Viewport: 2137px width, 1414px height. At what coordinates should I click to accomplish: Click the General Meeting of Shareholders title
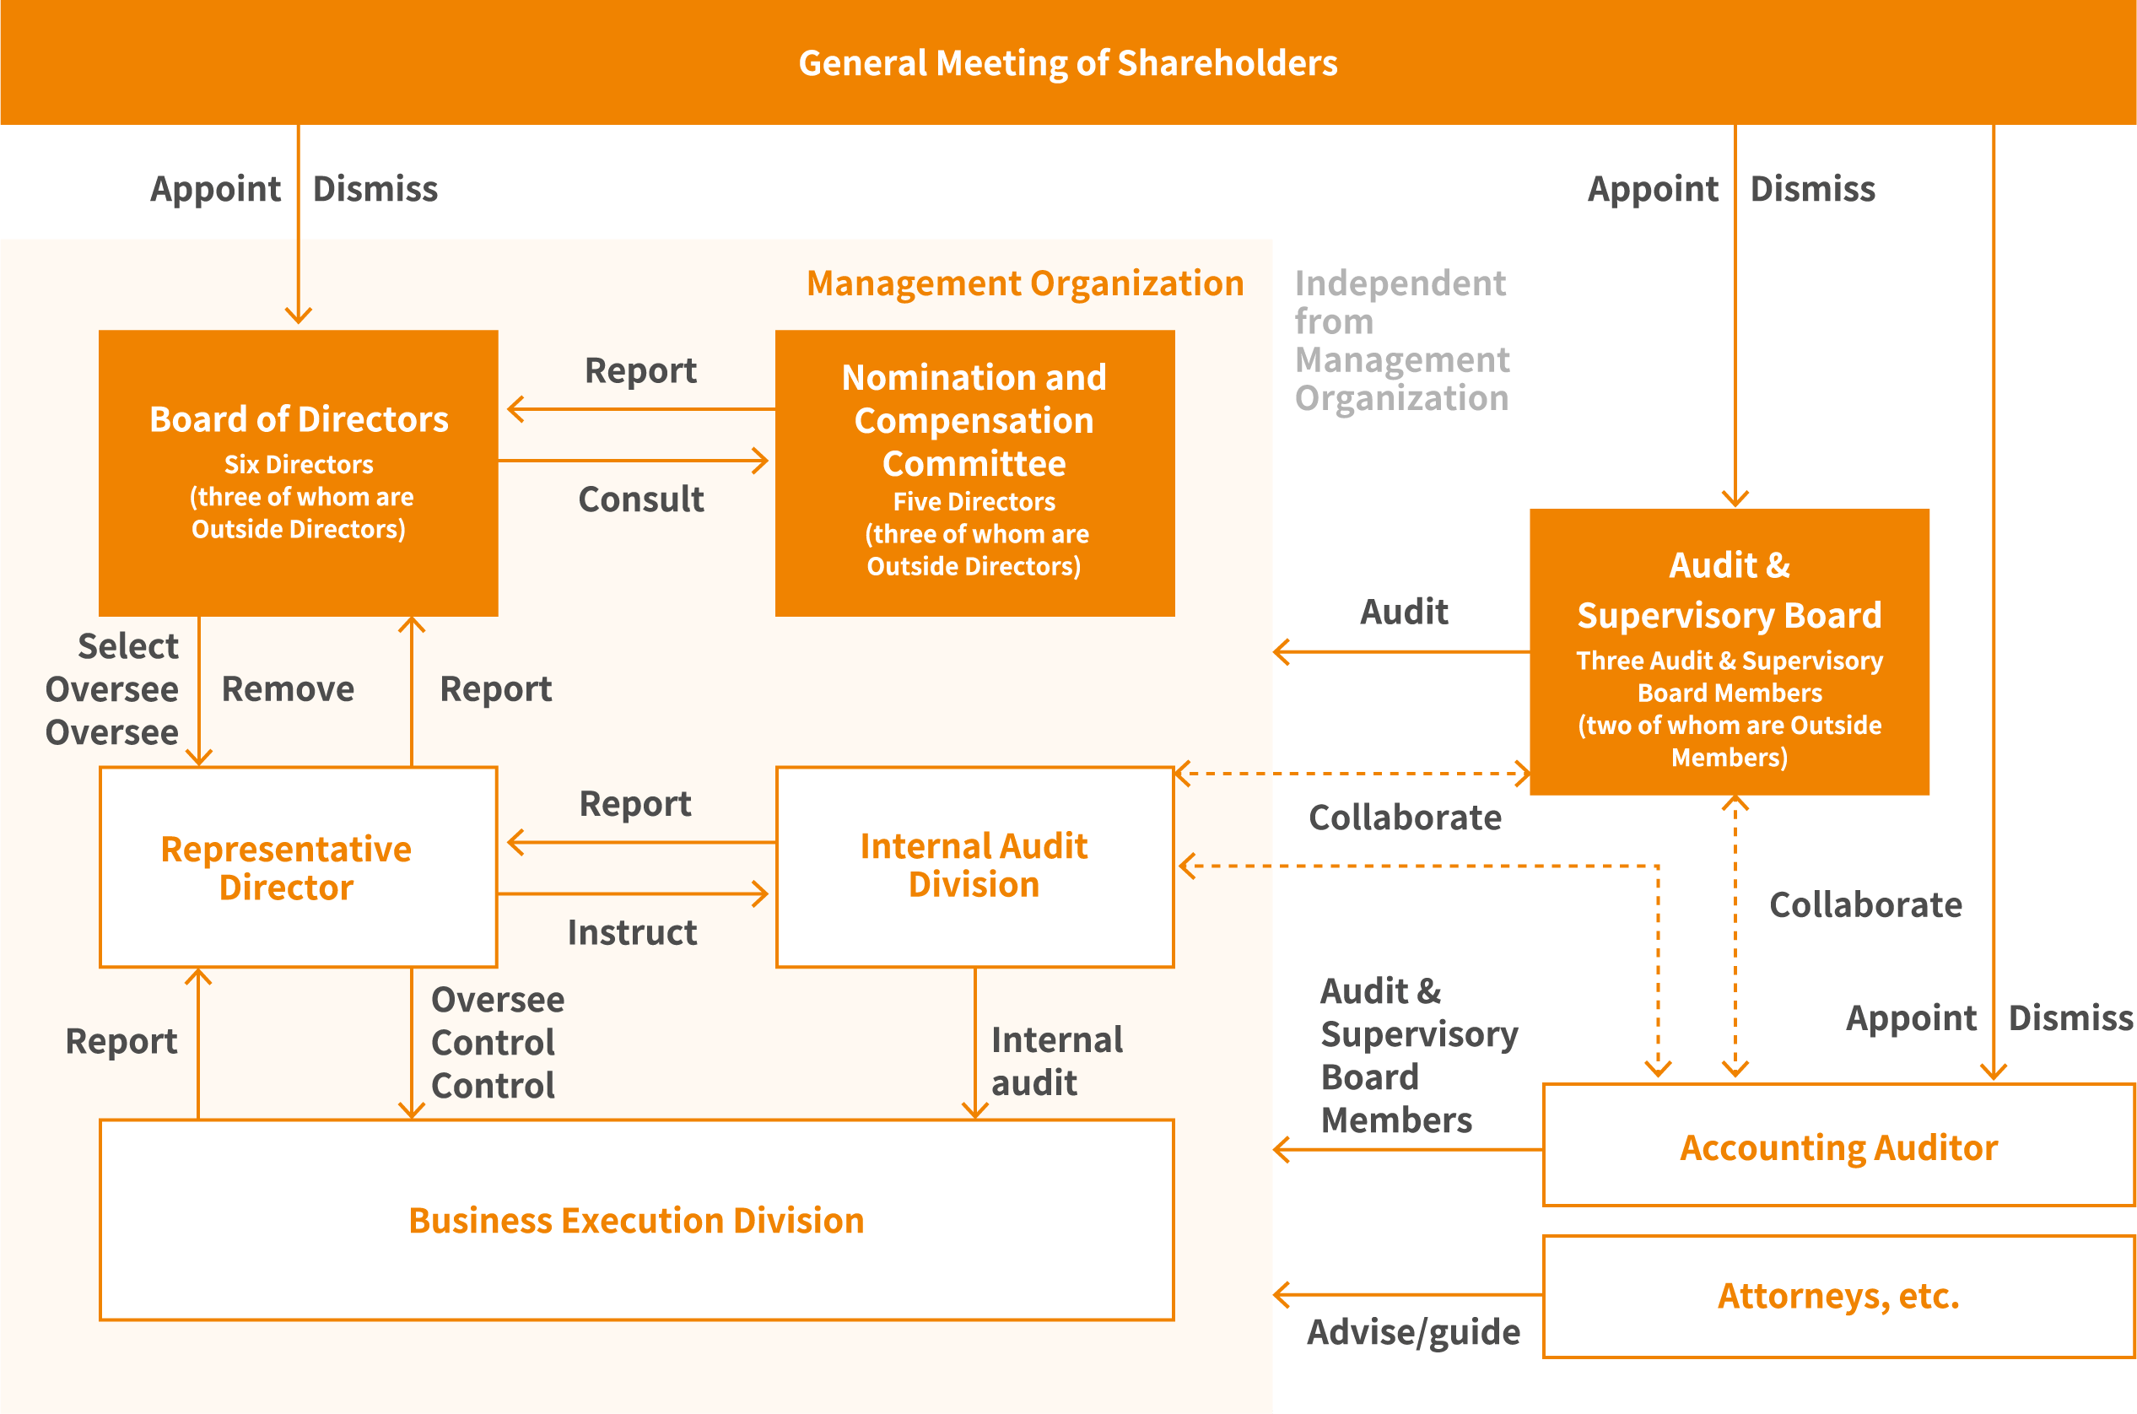[x=1067, y=63]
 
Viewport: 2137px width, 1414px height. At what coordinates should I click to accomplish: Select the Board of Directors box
[x=299, y=472]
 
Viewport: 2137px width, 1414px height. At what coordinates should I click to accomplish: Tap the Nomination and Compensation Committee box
[x=974, y=472]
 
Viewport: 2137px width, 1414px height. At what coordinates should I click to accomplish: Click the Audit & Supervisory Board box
[x=1729, y=651]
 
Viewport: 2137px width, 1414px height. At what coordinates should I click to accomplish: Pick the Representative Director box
[x=299, y=867]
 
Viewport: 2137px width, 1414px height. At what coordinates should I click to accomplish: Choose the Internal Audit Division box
[x=974, y=866]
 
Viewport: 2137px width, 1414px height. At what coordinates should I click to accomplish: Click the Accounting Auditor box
[x=1837, y=1147]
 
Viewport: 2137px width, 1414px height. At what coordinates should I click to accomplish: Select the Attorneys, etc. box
[x=1837, y=1296]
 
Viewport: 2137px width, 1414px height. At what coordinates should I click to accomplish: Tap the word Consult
[x=640, y=499]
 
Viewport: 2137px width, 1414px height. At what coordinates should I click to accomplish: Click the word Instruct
[x=631, y=931]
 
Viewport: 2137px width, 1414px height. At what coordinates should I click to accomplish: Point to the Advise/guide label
[x=1412, y=1332]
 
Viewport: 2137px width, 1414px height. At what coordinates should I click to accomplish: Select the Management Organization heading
[x=1024, y=283]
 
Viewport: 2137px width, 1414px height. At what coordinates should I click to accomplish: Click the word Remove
[x=288, y=689]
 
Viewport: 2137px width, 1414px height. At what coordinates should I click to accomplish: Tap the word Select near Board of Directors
[x=127, y=645]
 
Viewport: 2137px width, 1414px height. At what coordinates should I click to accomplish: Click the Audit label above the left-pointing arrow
[x=1403, y=612]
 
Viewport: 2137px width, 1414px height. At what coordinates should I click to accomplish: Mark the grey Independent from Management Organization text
[x=1401, y=340]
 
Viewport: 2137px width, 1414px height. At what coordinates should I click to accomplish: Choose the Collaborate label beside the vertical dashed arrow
[x=1864, y=904]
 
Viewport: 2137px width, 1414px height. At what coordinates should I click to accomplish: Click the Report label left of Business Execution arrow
[x=121, y=1040]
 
